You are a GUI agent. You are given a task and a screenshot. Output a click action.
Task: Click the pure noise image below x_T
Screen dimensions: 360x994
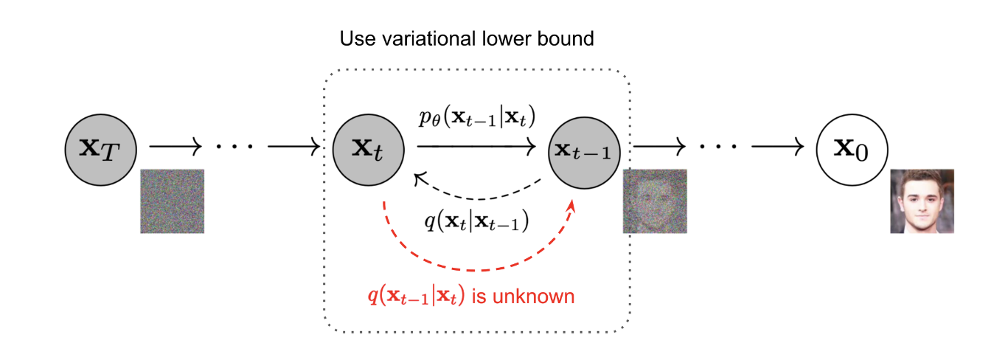(x=172, y=201)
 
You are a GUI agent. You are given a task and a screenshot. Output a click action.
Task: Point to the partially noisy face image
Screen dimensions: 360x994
(x=655, y=201)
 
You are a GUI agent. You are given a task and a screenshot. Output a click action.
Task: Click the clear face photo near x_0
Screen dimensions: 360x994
(x=922, y=201)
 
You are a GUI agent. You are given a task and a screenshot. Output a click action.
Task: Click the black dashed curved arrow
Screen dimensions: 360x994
(x=479, y=196)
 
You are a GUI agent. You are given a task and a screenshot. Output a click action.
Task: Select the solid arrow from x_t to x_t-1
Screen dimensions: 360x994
(x=476, y=147)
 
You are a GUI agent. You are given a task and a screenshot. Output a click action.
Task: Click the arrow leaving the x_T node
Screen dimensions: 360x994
(x=175, y=147)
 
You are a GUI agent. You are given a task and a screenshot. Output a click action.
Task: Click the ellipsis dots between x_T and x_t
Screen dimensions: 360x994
(x=234, y=147)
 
